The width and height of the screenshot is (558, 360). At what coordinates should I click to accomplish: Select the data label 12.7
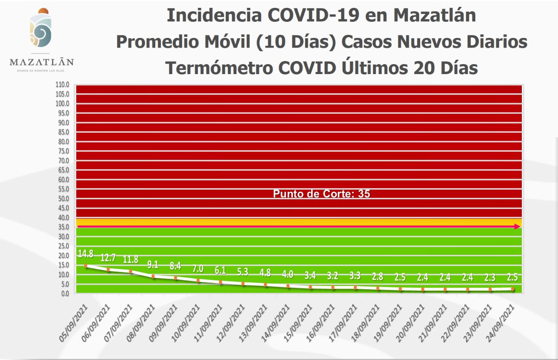[x=108, y=258]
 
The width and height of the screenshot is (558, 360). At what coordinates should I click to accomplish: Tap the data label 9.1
[x=153, y=265]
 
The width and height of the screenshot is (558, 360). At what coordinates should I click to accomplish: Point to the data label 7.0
[x=198, y=269]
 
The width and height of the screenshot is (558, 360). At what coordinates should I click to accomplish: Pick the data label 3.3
[x=355, y=275]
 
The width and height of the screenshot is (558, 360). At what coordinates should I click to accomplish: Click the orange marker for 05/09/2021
[x=86, y=265]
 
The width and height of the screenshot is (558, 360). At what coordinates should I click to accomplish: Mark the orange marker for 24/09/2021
[x=513, y=289]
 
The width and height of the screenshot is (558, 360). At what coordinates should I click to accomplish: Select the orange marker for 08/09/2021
[x=153, y=276]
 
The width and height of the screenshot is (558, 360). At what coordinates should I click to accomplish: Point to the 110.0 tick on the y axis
[x=63, y=85]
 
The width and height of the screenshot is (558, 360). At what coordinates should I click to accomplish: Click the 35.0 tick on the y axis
[x=63, y=227]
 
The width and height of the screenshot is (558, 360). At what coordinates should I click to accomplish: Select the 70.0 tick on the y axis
[x=63, y=160]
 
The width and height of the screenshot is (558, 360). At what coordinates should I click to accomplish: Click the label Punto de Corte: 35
[x=321, y=194]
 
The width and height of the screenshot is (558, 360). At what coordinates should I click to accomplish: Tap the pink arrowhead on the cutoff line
[x=517, y=227]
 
